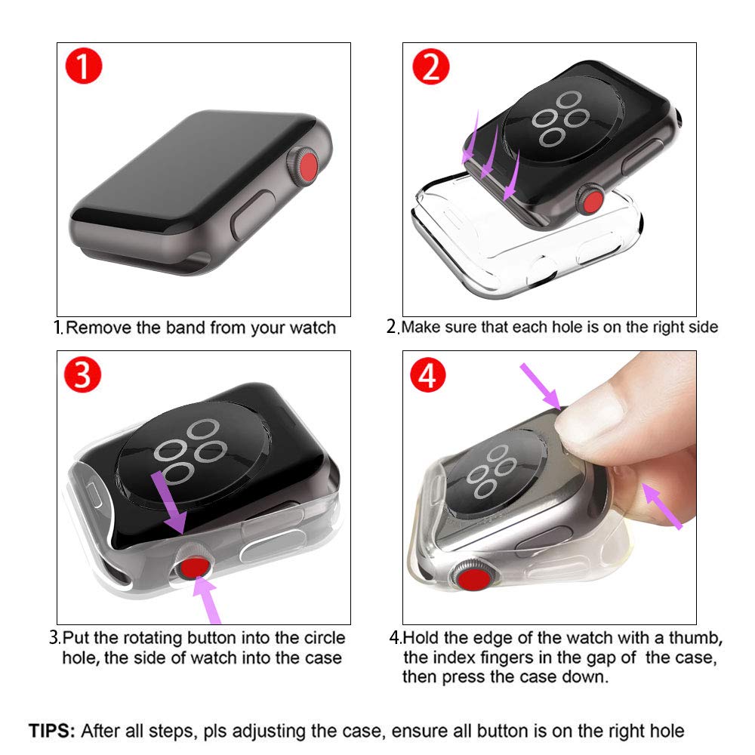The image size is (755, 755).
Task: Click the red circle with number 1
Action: (84, 68)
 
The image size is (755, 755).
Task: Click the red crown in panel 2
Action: (591, 202)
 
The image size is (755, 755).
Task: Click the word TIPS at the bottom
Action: (51, 730)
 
